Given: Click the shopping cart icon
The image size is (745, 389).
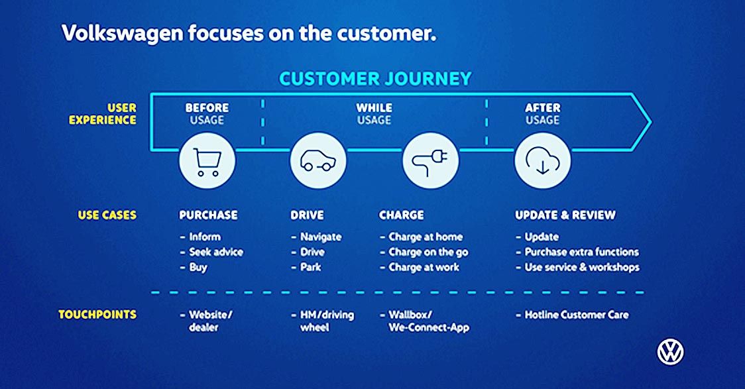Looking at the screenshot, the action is [x=207, y=161].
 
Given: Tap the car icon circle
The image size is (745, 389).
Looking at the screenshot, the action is [x=318, y=161].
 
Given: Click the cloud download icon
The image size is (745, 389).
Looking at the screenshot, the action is [x=543, y=161].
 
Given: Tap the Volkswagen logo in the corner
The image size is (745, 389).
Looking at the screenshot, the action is [x=670, y=353].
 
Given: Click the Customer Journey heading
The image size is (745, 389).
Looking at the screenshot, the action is [x=375, y=79].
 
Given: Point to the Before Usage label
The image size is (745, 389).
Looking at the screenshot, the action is [x=207, y=114].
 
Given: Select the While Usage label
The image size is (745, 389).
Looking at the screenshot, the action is [x=374, y=114].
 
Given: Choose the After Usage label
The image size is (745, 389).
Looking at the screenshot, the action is [x=543, y=114].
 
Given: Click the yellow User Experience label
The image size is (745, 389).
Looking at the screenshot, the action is [x=103, y=114].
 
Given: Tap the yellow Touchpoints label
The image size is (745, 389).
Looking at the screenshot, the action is [x=97, y=314].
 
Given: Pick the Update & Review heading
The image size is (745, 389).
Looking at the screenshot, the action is [x=565, y=215].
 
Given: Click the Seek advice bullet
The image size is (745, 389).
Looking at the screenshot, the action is [x=211, y=252].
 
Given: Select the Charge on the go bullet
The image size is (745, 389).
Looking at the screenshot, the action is [x=424, y=252].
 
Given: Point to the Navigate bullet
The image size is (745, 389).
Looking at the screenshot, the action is [x=316, y=237].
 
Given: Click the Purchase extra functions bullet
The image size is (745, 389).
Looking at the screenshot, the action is [x=577, y=252].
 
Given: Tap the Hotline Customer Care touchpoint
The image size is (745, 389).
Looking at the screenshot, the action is [x=572, y=315].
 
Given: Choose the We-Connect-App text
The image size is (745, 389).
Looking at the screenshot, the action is [x=429, y=328].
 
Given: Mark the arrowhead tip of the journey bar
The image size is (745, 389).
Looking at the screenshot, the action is [x=652, y=122].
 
